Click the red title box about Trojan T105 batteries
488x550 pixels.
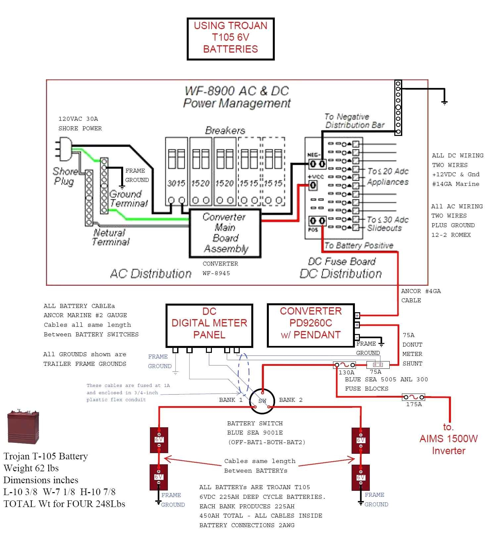click(x=230, y=39)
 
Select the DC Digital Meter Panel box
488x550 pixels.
click(x=209, y=325)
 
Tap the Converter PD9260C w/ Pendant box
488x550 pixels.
click(x=311, y=325)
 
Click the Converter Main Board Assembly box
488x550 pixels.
click(x=225, y=233)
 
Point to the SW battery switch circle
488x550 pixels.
click(x=262, y=401)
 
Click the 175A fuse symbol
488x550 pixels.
click(x=413, y=397)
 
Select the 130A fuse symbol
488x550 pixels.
click(x=344, y=365)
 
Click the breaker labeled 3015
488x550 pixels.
click(x=176, y=172)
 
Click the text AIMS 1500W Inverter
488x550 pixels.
click(x=449, y=439)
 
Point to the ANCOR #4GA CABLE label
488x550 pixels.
click(x=420, y=296)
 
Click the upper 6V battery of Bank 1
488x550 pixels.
click(x=159, y=440)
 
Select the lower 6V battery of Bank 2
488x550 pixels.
click(x=361, y=478)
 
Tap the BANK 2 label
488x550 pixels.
click(x=291, y=400)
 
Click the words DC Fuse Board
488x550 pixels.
click(x=342, y=262)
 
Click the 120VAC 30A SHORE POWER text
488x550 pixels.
click(x=80, y=123)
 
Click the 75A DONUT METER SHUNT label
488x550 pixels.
click(x=412, y=349)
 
